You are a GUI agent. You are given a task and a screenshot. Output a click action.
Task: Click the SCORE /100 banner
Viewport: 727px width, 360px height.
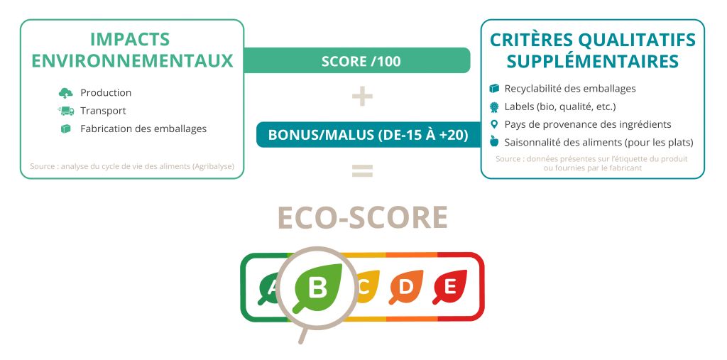pos(357,60)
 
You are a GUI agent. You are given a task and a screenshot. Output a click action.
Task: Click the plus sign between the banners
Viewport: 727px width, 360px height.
pos(362,97)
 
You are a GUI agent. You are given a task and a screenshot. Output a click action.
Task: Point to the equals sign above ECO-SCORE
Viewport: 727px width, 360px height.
pos(362,170)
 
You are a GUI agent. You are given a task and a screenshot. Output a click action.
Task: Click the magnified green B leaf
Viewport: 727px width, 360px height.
pos(319,287)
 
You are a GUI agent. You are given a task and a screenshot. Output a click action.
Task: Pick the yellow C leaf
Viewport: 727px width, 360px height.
pos(366,287)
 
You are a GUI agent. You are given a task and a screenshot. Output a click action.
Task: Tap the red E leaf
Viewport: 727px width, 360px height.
pos(449,287)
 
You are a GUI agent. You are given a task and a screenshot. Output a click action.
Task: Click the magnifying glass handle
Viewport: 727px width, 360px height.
pos(303,335)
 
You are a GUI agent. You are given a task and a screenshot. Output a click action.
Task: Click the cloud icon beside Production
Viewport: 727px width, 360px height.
pos(66,93)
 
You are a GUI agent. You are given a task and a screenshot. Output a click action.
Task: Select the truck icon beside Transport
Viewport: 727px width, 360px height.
pos(66,111)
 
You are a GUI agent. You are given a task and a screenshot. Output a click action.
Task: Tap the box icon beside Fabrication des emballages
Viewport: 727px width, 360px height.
pos(66,129)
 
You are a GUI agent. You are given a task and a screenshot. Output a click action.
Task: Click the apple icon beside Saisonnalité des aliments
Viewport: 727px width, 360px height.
pos(494,141)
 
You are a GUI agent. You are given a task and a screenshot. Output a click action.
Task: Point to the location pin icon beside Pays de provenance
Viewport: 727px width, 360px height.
pos(494,124)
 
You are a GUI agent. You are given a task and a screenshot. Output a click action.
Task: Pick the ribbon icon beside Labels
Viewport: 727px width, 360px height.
pos(494,107)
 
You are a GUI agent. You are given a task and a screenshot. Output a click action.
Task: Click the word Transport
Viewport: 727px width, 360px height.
pos(103,111)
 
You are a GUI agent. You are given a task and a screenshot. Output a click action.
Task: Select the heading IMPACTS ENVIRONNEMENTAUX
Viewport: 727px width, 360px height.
pos(132,50)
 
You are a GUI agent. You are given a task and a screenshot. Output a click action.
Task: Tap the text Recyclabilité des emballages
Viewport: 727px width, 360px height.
pos(570,89)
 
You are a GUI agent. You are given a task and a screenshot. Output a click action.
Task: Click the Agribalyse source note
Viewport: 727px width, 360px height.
pos(132,165)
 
